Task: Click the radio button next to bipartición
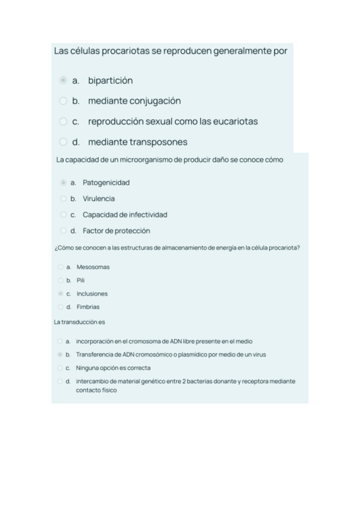(63, 81)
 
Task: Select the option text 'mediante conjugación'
(134, 101)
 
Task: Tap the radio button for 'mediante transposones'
(63, 142)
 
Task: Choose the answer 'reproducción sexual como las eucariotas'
(172, 121)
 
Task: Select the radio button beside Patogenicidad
(64, 182)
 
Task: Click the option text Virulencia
(99, 198)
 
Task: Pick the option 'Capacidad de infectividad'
(124, 215)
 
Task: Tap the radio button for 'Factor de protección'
(64, 231)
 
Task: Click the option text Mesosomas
(93, 267)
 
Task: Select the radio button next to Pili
(60, 280)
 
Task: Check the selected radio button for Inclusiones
(60, 294)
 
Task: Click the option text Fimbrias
(88, 307)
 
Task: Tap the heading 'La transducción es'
(79, 322)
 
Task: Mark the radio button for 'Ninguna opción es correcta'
(60, 368)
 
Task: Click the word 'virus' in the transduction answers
(259, 355)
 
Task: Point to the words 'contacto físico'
(96, 390)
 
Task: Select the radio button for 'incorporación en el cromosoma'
(60, 342)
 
